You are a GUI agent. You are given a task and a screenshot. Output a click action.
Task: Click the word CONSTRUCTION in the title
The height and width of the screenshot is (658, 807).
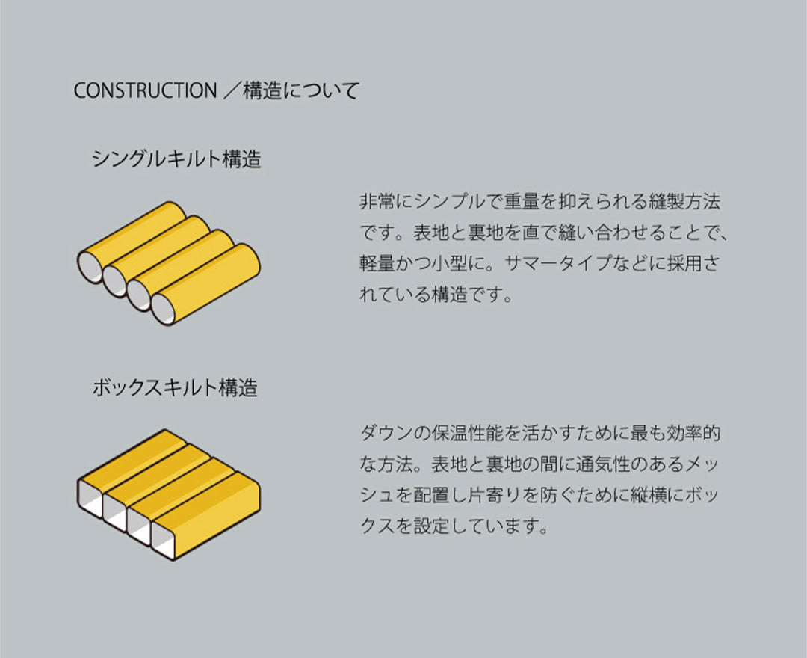point(145,90)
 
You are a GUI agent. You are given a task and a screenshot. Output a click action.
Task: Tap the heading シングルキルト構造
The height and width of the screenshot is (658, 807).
point(176,159)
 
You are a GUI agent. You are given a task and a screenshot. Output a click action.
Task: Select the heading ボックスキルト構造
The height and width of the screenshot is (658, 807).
point(175,387)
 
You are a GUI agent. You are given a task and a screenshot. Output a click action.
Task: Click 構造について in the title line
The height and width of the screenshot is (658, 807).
point(301,90)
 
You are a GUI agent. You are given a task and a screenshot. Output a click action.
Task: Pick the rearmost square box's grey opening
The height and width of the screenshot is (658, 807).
point(90,497)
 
